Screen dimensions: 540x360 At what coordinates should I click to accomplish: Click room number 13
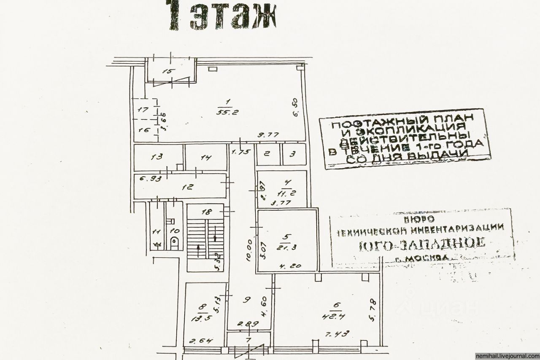click(157, 157)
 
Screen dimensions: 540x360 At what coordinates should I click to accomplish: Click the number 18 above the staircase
click(206, 212)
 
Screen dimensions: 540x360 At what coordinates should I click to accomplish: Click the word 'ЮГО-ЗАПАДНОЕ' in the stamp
click(422, 243)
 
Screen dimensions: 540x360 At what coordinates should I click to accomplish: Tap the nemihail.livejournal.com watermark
click(507, 355)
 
